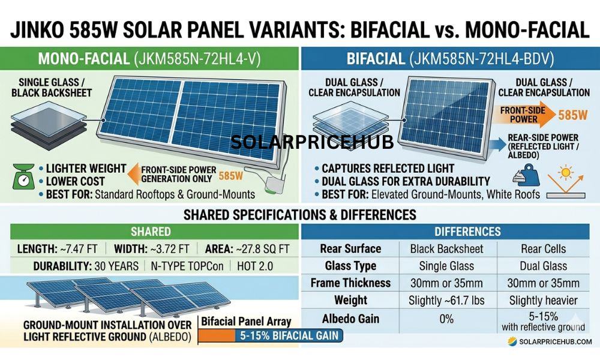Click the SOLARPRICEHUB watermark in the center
point(312,142)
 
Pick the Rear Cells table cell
point(543,248)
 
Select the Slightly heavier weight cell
point(543,301)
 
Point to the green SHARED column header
point(150,231)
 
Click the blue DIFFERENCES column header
point(450,231)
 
